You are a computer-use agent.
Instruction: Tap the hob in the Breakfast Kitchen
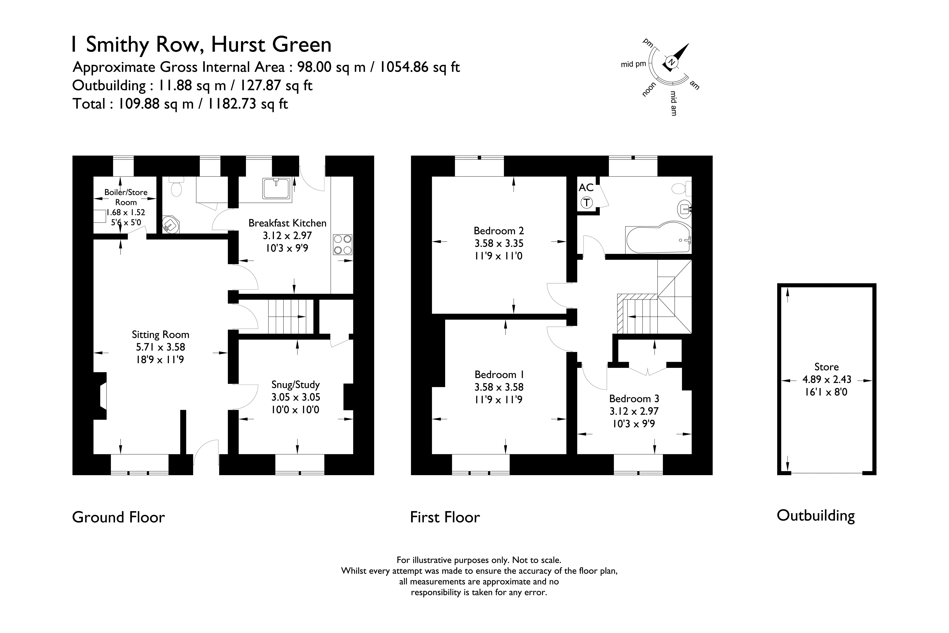tap(343, 245)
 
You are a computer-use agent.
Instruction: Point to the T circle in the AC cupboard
tap(586, 203)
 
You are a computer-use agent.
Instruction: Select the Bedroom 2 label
tap(499, 231)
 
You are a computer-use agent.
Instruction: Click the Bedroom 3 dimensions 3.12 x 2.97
tap(634, 411)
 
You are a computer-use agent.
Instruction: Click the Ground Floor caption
tap(118, 517)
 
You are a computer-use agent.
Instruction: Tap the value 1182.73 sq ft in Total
tap(247, 104)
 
